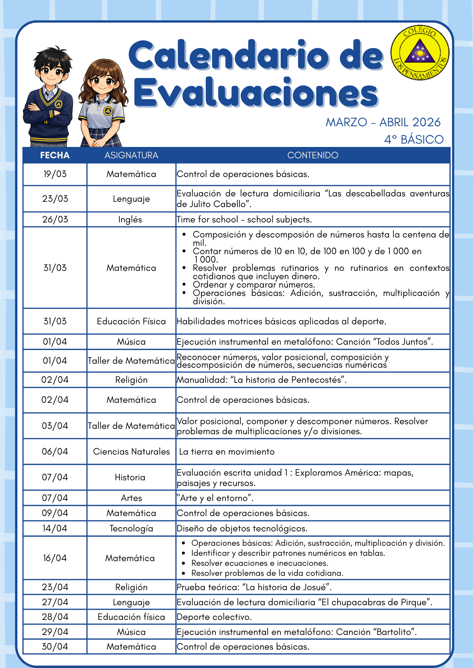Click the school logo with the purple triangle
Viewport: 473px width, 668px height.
point(420,53)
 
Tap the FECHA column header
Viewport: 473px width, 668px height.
point(55,155)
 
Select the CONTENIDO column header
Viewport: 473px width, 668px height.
point(313,155)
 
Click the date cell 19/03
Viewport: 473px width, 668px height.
point(55,174)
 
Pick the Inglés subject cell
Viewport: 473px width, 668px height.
point(130,219)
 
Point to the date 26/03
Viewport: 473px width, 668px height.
point(55,219)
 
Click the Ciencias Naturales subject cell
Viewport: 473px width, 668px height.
point(131,452)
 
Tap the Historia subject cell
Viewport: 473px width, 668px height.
point(130,477)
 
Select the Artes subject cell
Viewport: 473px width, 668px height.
point(131,498)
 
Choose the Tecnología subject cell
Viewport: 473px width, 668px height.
point(131,528)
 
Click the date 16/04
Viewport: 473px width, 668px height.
point(55,558)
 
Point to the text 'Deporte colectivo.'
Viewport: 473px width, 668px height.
point(214,617)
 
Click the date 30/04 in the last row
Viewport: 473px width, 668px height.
point(55,647)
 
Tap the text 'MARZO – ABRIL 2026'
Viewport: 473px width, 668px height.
point(383,122)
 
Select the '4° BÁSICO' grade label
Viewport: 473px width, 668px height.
point(414,139)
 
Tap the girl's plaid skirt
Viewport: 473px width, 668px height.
point(100,139)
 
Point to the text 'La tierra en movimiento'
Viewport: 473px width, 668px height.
point(227,452)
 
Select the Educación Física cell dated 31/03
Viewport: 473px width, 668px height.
point(131,321)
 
